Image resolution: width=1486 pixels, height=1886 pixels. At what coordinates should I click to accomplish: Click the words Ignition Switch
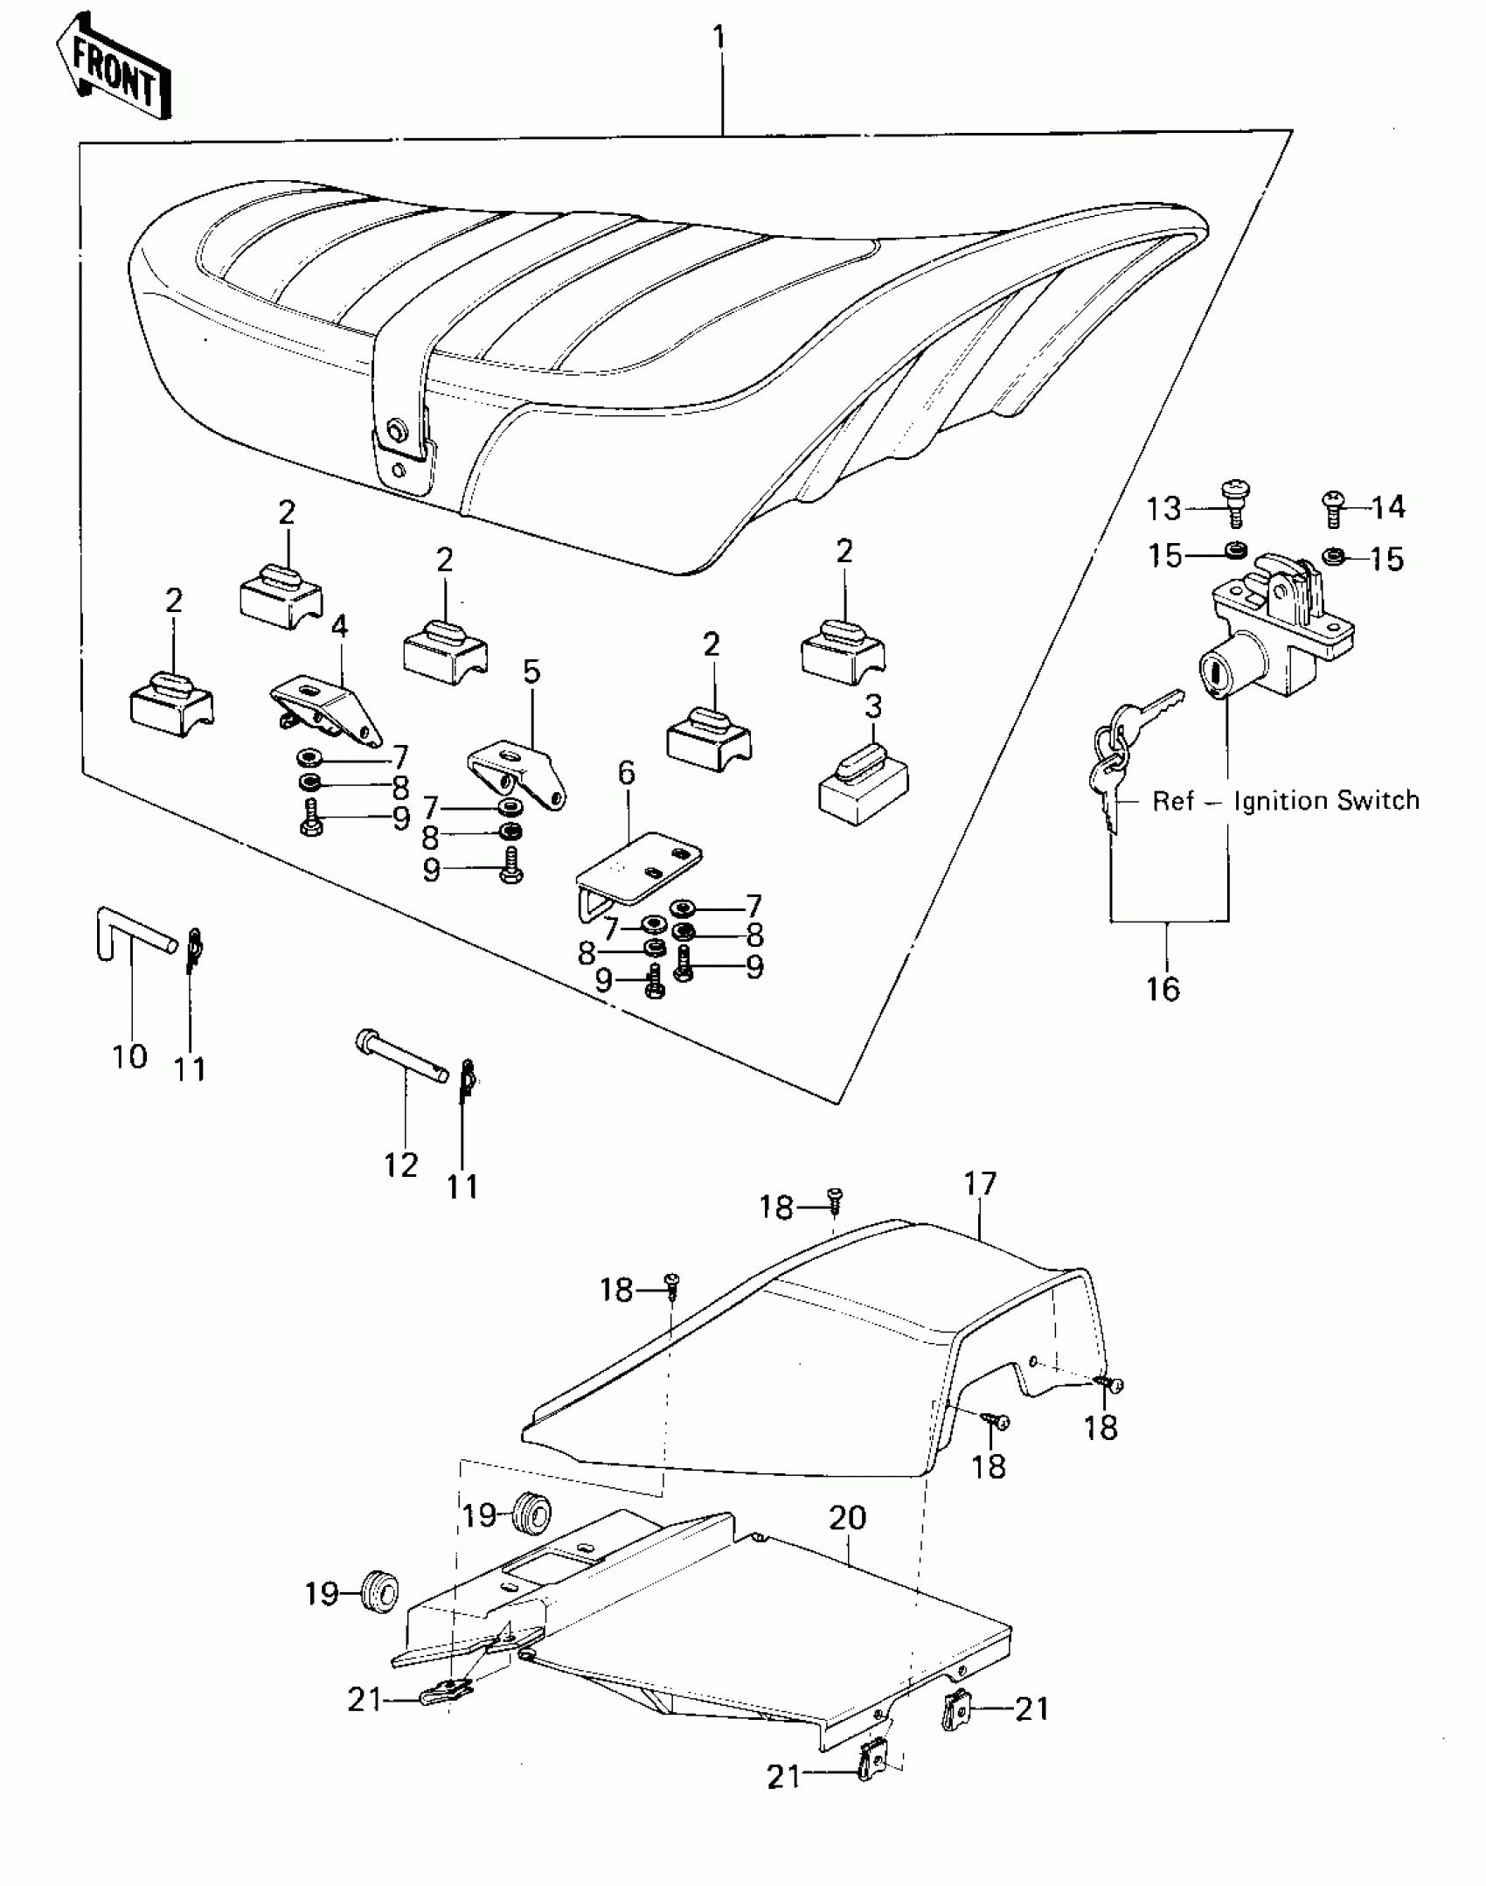1326,800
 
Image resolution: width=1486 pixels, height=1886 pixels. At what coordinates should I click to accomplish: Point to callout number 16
1163,989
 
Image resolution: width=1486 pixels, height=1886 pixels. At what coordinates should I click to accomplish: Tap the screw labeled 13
1233,500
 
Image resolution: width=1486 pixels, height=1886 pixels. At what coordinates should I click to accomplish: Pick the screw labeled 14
1331,506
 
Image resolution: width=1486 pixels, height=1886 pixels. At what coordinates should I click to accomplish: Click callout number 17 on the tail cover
980,1183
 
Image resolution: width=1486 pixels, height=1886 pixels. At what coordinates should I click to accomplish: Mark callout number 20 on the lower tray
847,1518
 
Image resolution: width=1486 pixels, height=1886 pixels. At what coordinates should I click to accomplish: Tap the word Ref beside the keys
1172,800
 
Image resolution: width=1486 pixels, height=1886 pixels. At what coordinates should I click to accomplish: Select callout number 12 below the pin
401,1165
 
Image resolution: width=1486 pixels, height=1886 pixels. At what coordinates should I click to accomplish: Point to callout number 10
129,1056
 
